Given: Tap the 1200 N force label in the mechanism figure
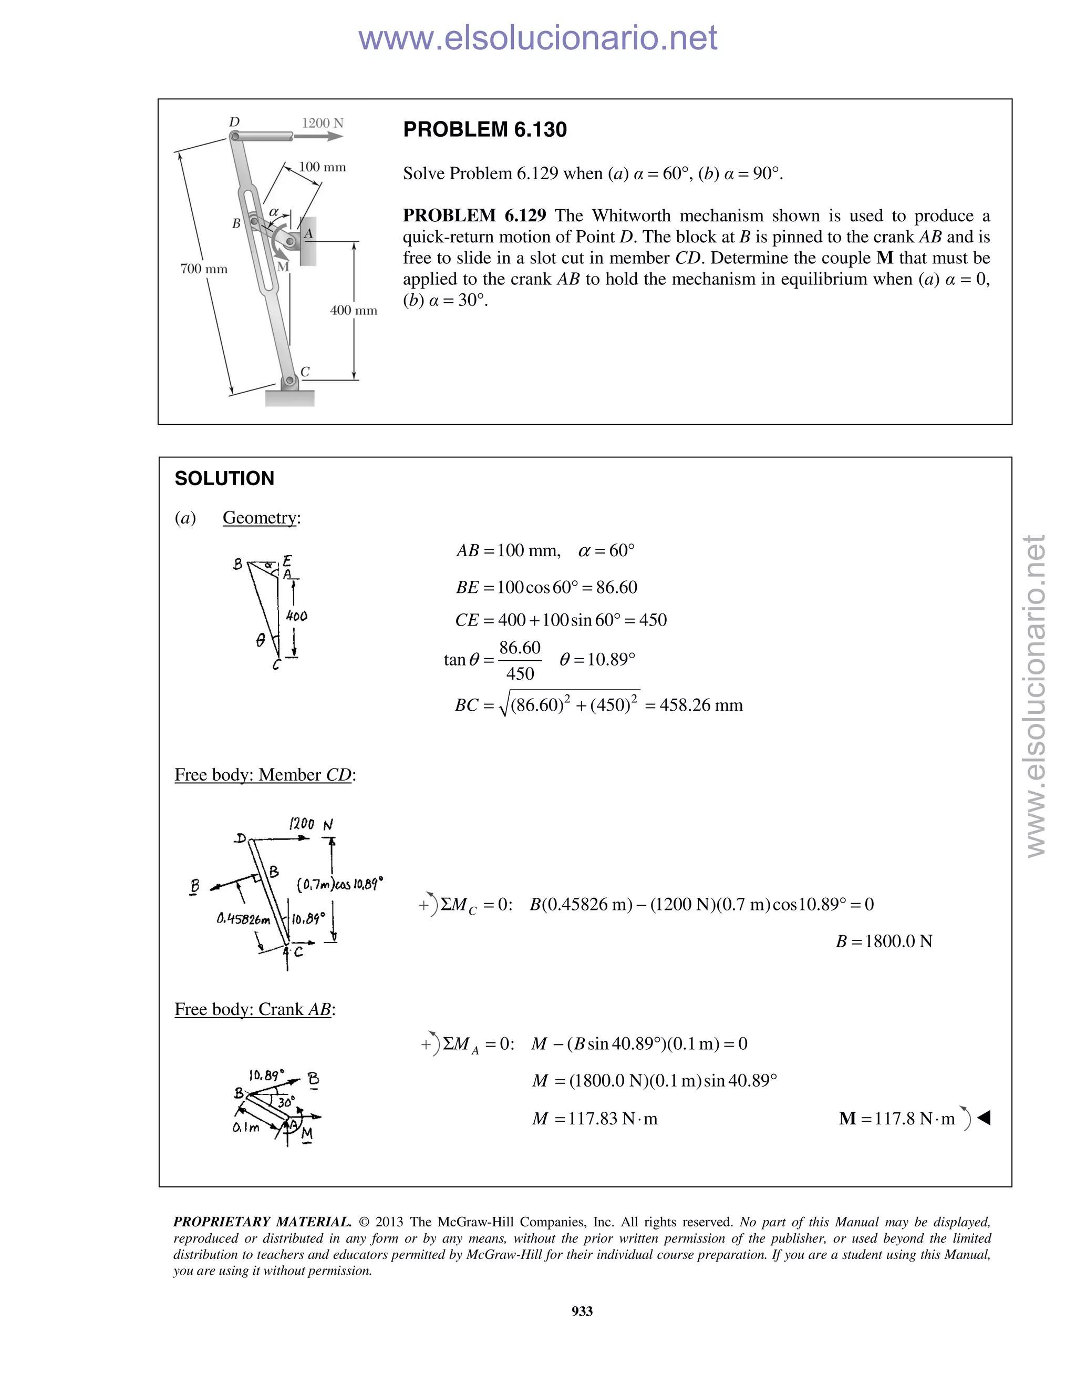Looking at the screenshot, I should (x=322, y=122).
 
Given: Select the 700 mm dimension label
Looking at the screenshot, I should (x=203, y=269).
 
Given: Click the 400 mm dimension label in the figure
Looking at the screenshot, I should (x=353, y=310).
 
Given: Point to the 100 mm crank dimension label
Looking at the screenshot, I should (x=322, y=167).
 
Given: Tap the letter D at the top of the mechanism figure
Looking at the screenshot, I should (x=234, y=122).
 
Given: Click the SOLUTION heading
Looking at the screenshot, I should (x=224, y=478).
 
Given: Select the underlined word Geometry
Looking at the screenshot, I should (x=260, y=517).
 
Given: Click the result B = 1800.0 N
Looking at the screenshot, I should (x=884, y=941).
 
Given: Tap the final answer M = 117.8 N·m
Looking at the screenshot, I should (x=897, y=1118).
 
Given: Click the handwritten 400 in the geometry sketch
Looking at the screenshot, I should (x=296, y=616).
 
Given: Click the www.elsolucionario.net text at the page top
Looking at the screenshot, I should (x=537, y=38).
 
